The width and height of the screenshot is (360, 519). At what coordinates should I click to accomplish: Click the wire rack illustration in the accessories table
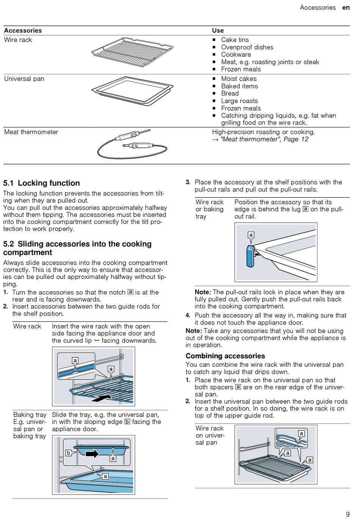click(x=132, y=52)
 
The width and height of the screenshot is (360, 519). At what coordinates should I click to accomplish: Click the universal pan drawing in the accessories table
click(x=132, y=91)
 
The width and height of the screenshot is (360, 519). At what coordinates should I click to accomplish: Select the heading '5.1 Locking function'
click(x=42, y=183)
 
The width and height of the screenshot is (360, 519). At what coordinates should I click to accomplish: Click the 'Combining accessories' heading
click(x=225, y=356)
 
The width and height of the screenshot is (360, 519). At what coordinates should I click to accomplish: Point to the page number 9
click(x=347, y=514)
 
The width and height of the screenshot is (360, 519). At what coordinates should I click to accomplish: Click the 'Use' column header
click(x=218, y=30)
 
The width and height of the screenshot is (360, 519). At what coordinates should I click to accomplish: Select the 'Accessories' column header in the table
click(x=23, y=30)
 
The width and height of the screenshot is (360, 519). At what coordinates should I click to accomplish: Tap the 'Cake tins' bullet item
click(x=235, y=40)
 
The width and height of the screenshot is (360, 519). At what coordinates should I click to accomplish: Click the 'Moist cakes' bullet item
click(x=239, y=79)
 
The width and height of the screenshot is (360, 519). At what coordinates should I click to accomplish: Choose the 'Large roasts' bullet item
click(x=239, y=101)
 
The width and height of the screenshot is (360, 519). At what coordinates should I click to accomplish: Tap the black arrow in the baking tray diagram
click(x=92, y=453)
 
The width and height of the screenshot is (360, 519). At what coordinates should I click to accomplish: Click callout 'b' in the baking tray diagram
click(x=69, y=453)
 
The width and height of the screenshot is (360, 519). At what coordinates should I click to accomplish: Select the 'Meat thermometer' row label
click(x=31, y=132)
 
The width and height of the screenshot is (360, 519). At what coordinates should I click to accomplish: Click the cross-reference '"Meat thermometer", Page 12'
click(x=264, y=139)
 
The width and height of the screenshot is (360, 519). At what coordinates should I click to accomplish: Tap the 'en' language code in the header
click(x=346, y=8)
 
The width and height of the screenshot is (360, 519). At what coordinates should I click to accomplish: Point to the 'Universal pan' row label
click(x=24, y=79)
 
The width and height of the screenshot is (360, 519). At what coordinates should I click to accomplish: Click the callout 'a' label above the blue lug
click(x=250, y=235)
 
